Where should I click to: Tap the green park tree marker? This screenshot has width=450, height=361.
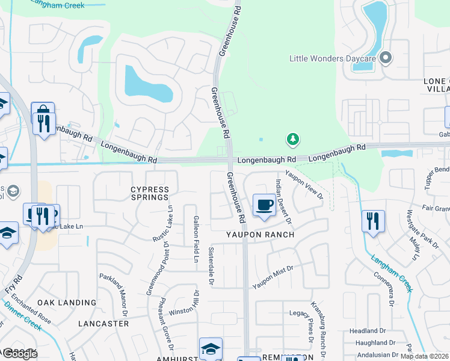coord(292,140)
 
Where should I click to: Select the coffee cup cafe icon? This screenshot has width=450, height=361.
coord(264,205)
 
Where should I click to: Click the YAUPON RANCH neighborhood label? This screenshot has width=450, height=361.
coord(260,235)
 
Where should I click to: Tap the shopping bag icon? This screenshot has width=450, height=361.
coord(43,113)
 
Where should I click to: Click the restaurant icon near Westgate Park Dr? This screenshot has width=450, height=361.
coord(373,221)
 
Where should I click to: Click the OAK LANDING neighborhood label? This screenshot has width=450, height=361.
coord(67,303)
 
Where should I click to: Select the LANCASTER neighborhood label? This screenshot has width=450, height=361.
coord(103,324)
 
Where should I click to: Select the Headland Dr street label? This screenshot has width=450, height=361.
coord(367,331)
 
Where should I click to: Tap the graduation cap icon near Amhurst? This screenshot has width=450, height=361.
coord(211,348)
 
